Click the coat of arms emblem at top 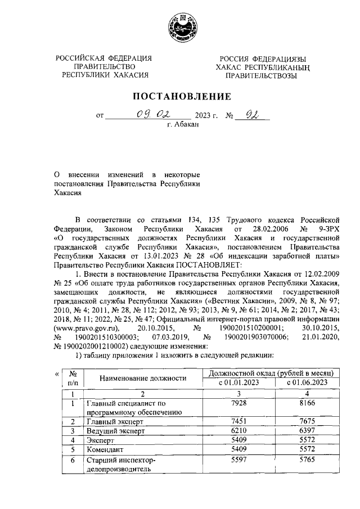tap(180, 28)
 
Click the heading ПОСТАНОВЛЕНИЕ tap(179, 97)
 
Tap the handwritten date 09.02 tap(147, 116)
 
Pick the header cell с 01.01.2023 tap(238, 383)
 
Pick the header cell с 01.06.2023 tap(307, 383)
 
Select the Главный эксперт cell tap(112, 422)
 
